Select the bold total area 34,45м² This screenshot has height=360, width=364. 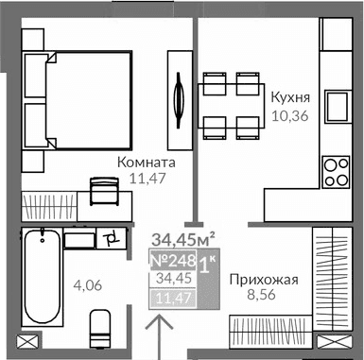pyautogui.click(x=184, y=239)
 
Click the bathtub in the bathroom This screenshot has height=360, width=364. pyautogui.click(x=41, y=275)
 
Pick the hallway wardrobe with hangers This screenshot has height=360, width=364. pyautogui.click(x=333, y=283)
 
